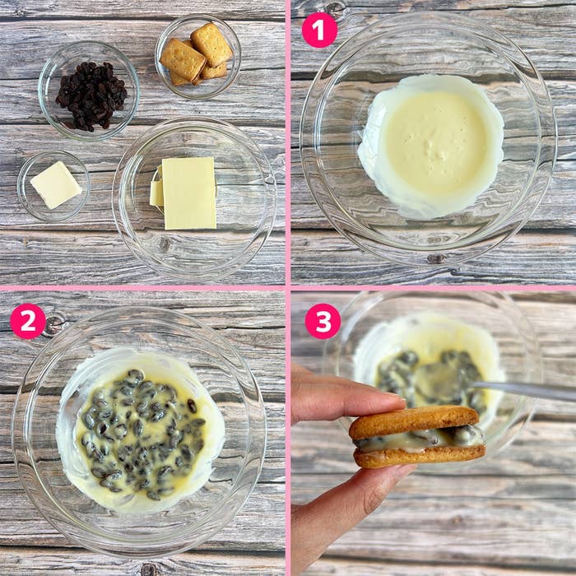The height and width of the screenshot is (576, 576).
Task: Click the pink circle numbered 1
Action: pyautogui.click(x=319, y=30)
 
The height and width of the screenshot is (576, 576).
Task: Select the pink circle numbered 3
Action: pyautogui.click(x=323, y=321)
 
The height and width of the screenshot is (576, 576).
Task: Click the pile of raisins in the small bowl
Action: pyautogui.click(x=91, y=96)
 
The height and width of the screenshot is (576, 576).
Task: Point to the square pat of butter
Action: pyautogui.click(x=56, y=185)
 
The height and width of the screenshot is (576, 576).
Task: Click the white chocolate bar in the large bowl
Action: pyautogui.click(x=188, y=193)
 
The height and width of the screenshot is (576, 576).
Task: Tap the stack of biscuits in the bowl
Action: pyautogui.click(x=197, y=54)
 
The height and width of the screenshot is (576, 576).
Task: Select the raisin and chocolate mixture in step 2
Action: pyautogui.click(x=142, y=434)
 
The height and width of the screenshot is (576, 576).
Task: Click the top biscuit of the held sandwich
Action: pyautogui.click(x=415, y=421)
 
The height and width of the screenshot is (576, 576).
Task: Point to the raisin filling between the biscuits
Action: pyautogui.click(x=419, y=440)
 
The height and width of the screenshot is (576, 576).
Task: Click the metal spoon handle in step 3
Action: pyautogui.click(x=523, y=391)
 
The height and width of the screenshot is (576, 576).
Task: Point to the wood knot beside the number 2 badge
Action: pyautogui.click(x=55, y=323)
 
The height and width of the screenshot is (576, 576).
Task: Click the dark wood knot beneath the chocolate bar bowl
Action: pyautogui.click(x=165, y=244)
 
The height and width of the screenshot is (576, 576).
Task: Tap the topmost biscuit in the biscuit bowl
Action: pyautogui.click(x=211, y=44)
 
